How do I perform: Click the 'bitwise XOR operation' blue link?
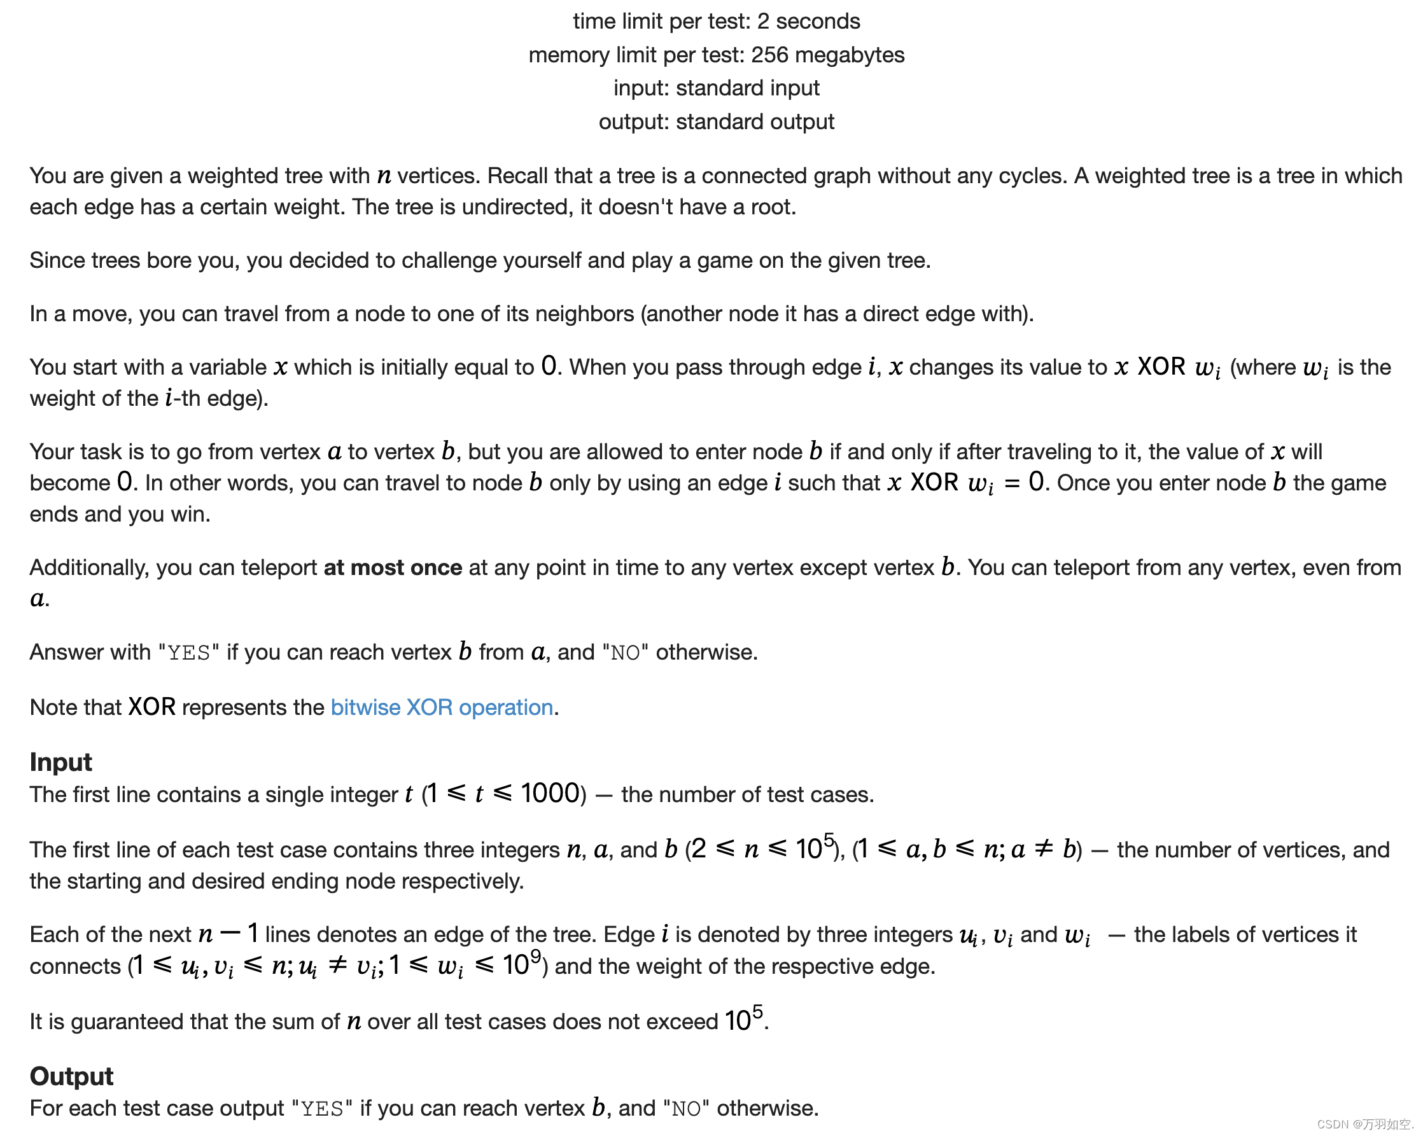(x=442, y=707)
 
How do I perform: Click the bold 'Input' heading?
(x=60, y=762)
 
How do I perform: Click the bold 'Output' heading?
(x=71, y=1076)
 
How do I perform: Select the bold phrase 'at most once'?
(x=393, y=567)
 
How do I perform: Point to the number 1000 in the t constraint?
(x=550, y=794)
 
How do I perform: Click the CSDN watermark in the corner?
(x=1364, y=1124)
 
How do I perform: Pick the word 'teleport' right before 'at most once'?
(x=279, y=567)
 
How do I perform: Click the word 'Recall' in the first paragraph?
(x=521, y=176)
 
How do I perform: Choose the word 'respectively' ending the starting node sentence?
(x=461, y=882)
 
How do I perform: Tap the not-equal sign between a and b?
(x=1044, y=849)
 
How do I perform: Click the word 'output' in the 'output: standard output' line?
(x=634, y=121)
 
